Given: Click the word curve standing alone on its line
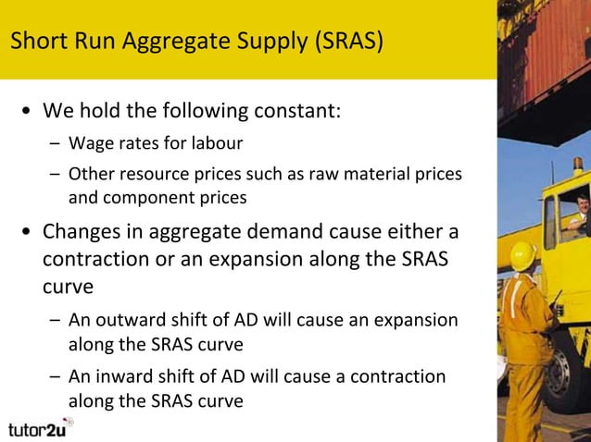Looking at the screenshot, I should [x=68, y=286].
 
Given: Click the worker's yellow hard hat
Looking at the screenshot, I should [x=524, y=254].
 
